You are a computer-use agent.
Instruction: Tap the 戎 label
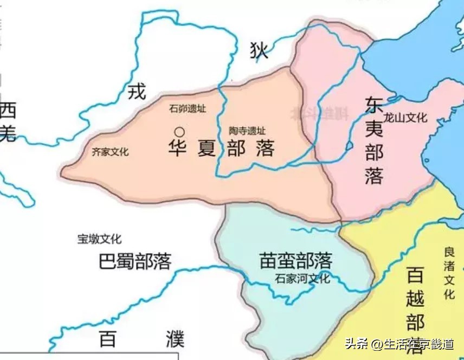point(137,91)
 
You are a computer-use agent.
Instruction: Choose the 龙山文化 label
point(405,118)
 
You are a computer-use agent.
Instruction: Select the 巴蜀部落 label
point(136,261)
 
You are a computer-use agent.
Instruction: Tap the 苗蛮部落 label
point(295,261)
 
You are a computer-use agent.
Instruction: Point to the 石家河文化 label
point(302,279)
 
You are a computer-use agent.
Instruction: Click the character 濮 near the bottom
point(175,339)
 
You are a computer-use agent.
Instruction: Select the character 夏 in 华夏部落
point(207,149)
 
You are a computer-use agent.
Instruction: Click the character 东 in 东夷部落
point(375,105)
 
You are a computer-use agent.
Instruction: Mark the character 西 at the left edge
point(8,111)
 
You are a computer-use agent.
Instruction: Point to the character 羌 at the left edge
point(8,133)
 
